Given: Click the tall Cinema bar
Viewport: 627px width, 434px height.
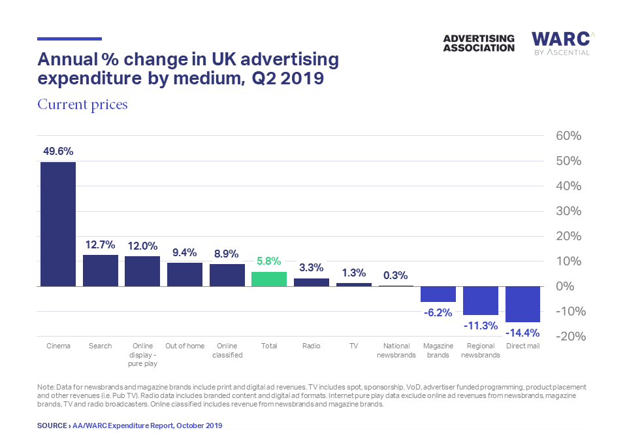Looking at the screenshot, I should tap(58, 224).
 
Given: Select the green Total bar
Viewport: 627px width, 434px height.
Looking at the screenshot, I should tap(269, 279).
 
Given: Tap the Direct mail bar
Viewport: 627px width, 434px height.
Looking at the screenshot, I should tap(522, 304).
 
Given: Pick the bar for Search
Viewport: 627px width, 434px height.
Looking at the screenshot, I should tap(100, 270).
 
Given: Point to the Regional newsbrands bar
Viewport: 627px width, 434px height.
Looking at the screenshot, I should tap(480, 300).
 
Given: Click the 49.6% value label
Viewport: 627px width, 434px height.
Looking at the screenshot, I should tap(58, 151).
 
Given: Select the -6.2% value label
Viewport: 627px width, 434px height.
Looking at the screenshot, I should tap(438, 312).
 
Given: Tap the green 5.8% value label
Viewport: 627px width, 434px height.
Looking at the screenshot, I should tap(269, 260).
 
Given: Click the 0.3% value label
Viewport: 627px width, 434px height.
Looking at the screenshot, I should tap(396, 275).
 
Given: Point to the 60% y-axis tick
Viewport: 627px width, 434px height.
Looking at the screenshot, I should tap(568, 136).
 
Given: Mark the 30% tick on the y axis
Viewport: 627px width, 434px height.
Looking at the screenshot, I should tap(568, 211).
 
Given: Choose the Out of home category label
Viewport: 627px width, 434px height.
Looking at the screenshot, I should tap(185, 346).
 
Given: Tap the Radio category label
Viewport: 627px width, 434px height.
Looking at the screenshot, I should tap(311, 346).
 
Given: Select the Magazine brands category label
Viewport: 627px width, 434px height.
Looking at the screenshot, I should tap(438, 350).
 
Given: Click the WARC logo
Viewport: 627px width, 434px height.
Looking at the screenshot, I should tap(560, 43).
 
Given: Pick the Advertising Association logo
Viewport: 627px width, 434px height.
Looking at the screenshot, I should tap(478, 43).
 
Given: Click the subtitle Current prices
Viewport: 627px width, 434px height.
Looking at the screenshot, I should tap(82, 105).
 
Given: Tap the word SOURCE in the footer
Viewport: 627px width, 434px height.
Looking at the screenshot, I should tap(52, 426).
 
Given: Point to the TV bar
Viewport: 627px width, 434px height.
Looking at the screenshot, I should tap(353, 284).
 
